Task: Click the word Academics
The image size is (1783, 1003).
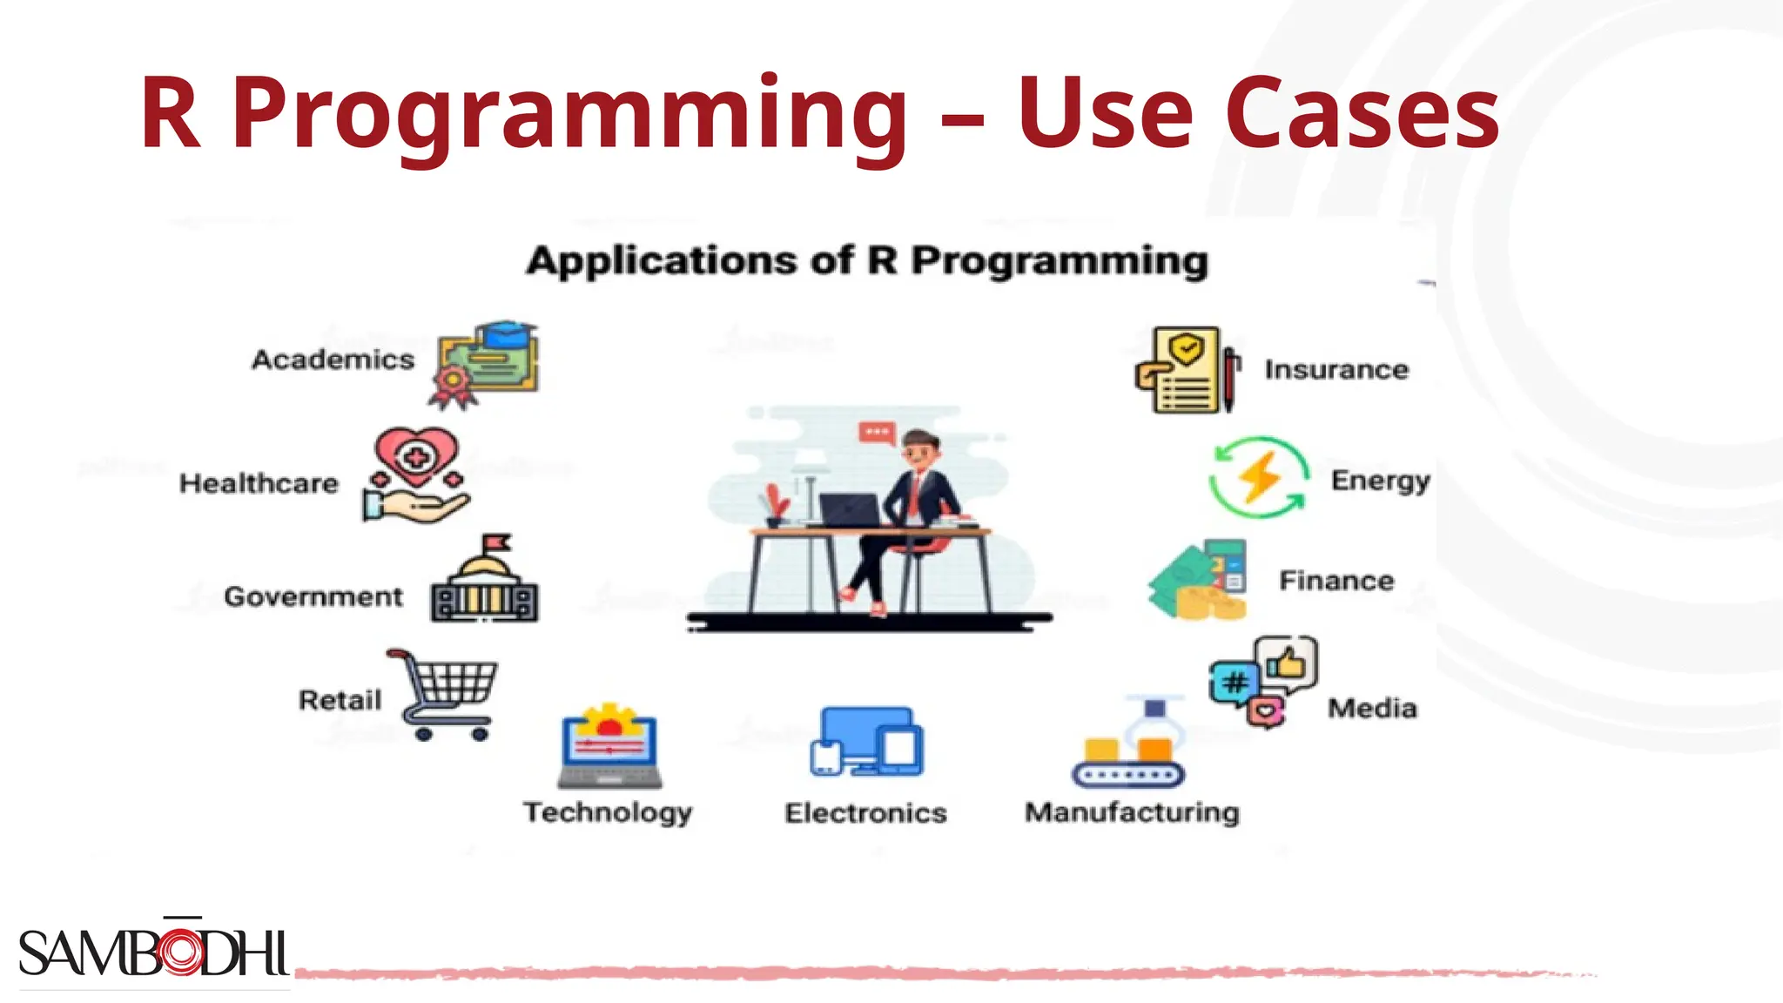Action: tap(333, 360)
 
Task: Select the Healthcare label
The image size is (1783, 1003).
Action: tap(259, 483)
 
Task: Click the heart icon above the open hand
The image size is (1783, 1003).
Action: tap(416, 454)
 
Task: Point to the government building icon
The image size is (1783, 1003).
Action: tap(485, 583)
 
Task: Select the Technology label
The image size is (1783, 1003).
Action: tap(608, 812)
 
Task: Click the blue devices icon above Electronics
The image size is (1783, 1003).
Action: tap(866, 742)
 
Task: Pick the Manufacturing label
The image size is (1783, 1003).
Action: tap(1132, 812)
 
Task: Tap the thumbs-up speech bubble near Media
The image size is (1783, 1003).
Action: tap(1287, 663)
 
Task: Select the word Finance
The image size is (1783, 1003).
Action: tap(1336, 581)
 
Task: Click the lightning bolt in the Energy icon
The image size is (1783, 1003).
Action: tap(1259, 477)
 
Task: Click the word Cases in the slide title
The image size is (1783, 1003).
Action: tap(1362, 113)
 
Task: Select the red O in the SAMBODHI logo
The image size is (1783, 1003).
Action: tap(181, 953)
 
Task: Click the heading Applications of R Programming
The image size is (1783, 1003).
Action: tap(867, 261)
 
